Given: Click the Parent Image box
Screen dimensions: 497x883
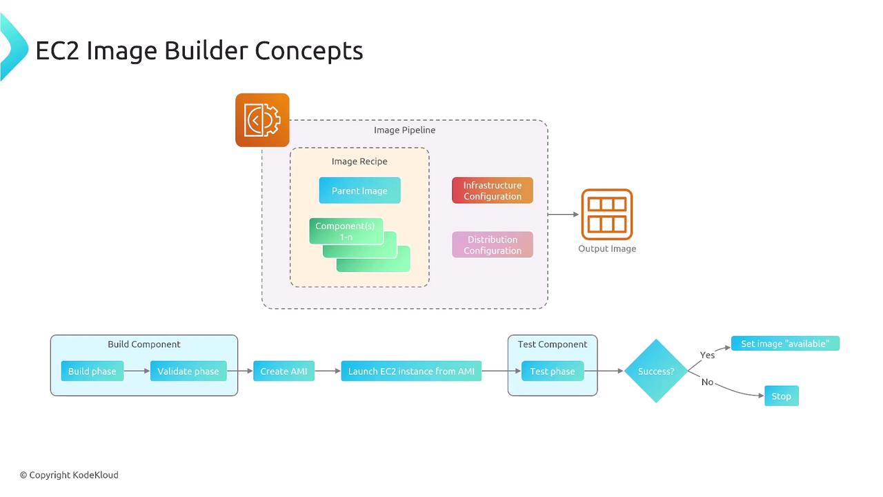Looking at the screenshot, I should pos(359,191).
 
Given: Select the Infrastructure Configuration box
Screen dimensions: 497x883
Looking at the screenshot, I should pos(493,191).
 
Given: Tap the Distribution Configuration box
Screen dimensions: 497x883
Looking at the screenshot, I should pos(493,245).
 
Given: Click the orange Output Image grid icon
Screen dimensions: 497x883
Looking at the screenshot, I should pos(607,214).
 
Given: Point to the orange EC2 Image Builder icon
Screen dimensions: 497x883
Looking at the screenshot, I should pos(262,120).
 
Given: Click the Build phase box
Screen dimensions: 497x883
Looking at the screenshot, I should pos(92,371).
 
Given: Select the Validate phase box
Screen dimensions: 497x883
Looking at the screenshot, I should pos(188,371).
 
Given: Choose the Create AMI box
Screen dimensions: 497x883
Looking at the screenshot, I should pos(284,371).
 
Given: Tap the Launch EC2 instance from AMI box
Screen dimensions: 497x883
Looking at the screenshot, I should pos(411,371).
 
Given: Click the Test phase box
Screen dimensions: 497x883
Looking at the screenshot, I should pos(553,371).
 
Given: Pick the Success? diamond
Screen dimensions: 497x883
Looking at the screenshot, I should pos(656,371).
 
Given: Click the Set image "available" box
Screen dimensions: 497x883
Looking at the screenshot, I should pos(785,344).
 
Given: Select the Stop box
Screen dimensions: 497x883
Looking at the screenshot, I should pos(782,396).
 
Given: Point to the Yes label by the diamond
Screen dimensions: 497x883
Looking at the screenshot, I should pos(708,355).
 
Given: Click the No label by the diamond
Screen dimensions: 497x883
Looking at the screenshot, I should pos(707,382).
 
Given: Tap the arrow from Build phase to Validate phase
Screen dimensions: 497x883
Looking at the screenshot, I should pos(137,371).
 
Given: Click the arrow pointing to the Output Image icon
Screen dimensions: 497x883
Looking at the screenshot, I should pos(564,214).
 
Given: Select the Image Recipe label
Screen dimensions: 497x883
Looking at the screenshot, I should pos(359,162).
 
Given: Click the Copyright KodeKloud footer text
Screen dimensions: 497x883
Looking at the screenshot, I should pos(69,475).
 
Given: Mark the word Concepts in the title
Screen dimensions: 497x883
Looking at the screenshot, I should pos(308,50).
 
